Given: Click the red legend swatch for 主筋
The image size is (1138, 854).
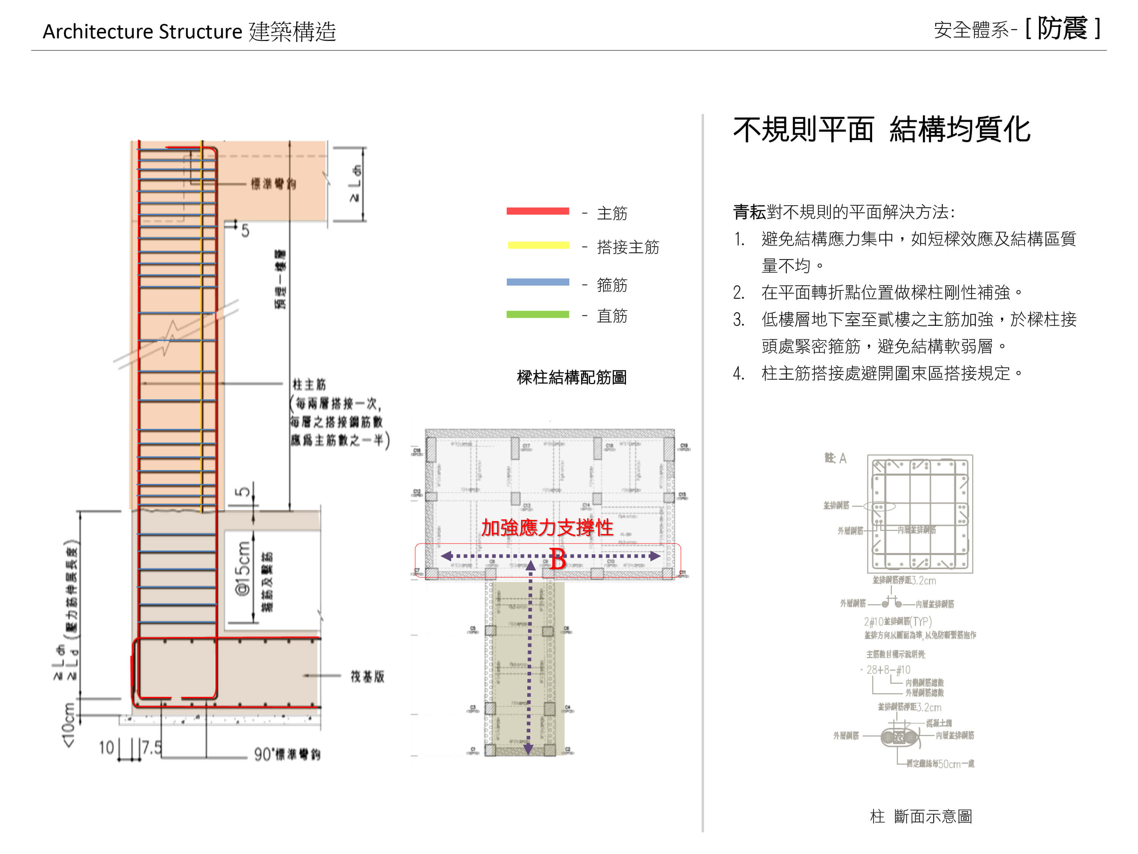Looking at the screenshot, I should pos(538,211).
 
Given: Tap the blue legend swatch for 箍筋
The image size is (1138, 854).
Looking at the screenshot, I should pos(538,282).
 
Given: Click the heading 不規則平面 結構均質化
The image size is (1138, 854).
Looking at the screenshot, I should pos(881,130).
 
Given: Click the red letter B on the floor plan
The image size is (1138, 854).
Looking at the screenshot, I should pos(558,559).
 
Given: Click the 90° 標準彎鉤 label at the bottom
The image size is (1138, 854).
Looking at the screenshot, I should pos(287,755).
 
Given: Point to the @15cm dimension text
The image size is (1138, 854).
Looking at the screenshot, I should pos(243,569).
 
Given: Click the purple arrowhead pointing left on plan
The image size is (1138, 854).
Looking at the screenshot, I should pos(446,556).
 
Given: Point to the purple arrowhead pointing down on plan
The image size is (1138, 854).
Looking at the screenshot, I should pos(528,749).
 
